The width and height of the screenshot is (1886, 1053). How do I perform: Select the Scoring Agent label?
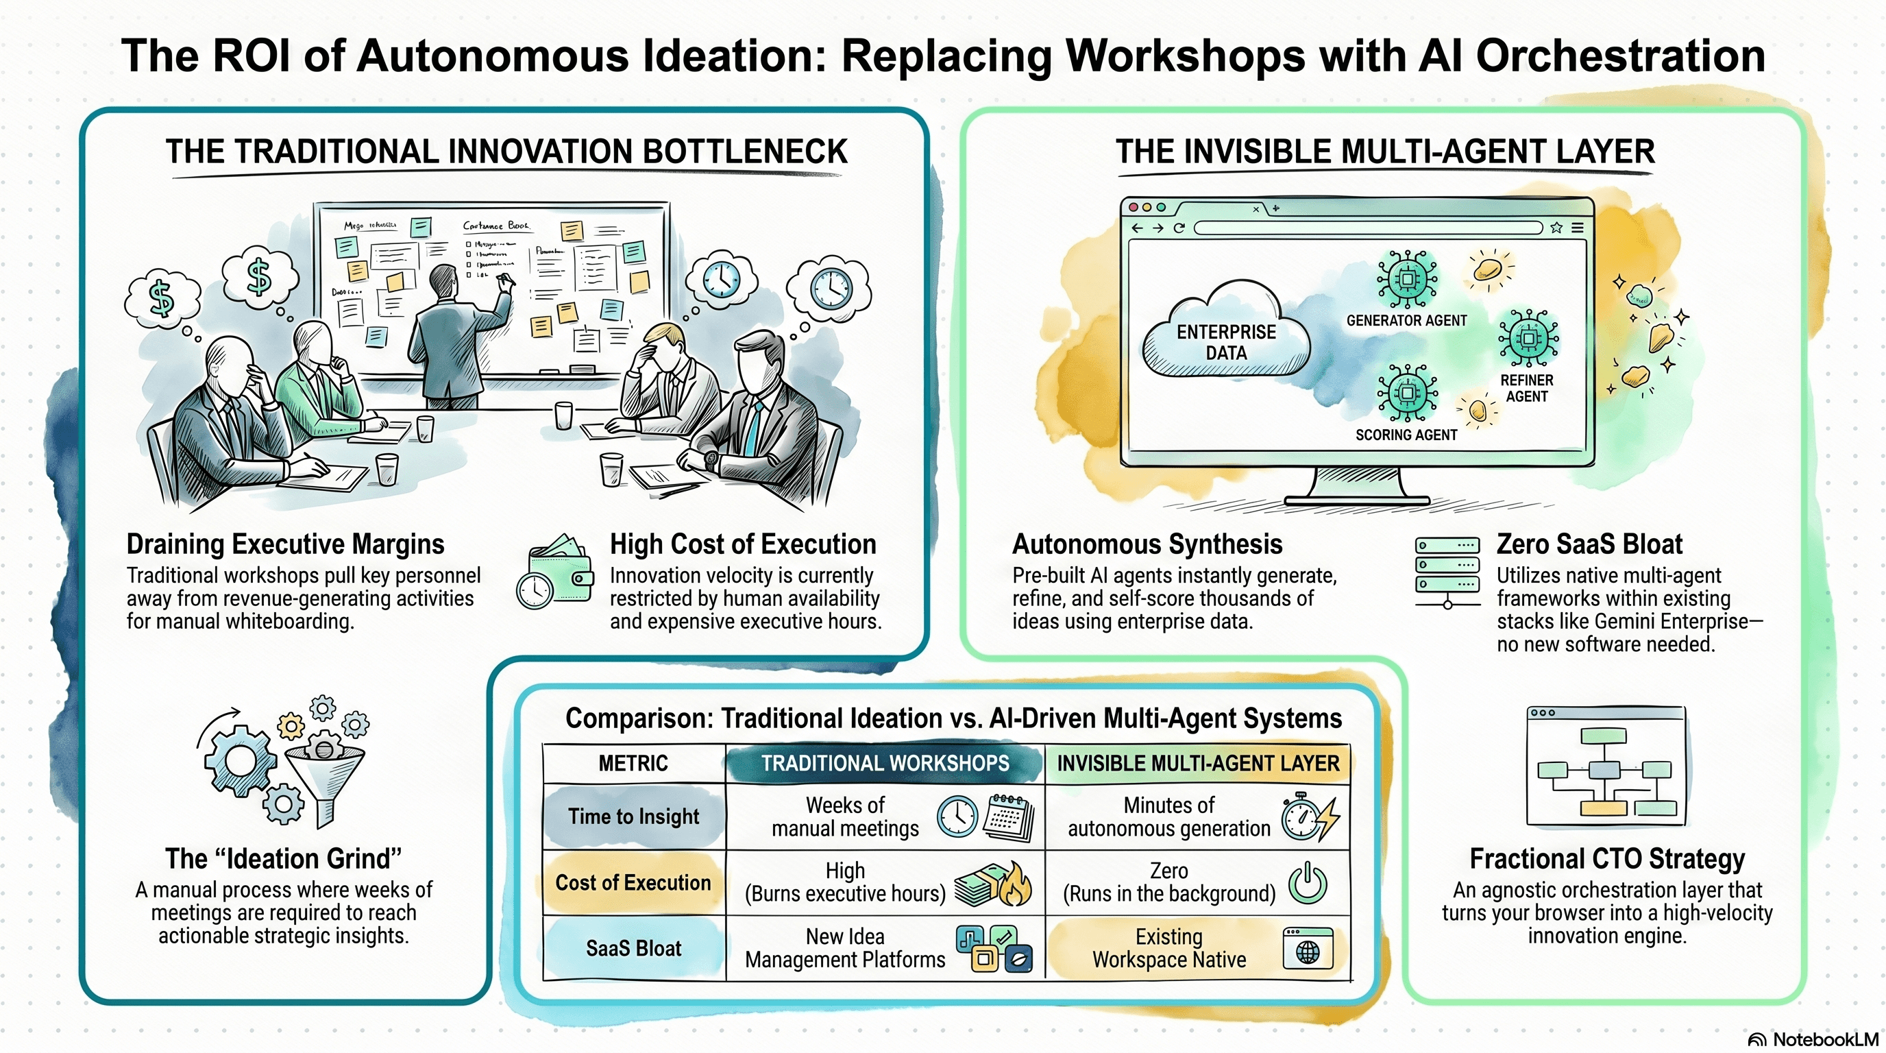(x=1406, y=435)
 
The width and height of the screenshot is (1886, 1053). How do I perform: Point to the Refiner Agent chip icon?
(x=1528, y=338)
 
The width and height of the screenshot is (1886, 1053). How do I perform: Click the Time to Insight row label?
(x=633, y=816)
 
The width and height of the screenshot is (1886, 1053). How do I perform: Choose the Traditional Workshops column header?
(x=885, y=763)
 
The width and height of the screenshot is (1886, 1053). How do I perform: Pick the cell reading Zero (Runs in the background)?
(x=1168, y=882)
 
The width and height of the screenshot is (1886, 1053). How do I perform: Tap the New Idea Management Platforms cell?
(x=845, y=948)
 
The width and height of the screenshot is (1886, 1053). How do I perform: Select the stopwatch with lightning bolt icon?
(x=1309, y=817)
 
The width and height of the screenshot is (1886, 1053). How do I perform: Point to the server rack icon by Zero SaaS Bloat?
(x=1447, y=571)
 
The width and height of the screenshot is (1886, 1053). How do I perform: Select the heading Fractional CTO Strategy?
(x=1607, y=858)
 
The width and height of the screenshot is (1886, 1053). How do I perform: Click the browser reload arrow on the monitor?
(x=1179, y=228)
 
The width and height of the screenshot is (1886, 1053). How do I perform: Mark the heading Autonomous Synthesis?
(x=1147, y=544)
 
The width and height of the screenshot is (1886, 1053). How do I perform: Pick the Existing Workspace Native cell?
(x=1168, y=948)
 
